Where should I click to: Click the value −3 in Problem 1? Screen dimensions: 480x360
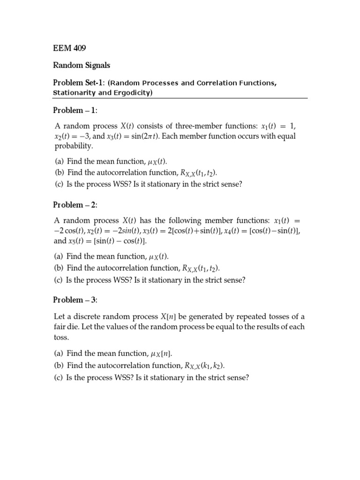(89, 136)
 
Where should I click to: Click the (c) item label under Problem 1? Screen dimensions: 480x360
(60, 184)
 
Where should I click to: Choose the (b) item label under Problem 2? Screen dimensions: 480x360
(60, 268)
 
